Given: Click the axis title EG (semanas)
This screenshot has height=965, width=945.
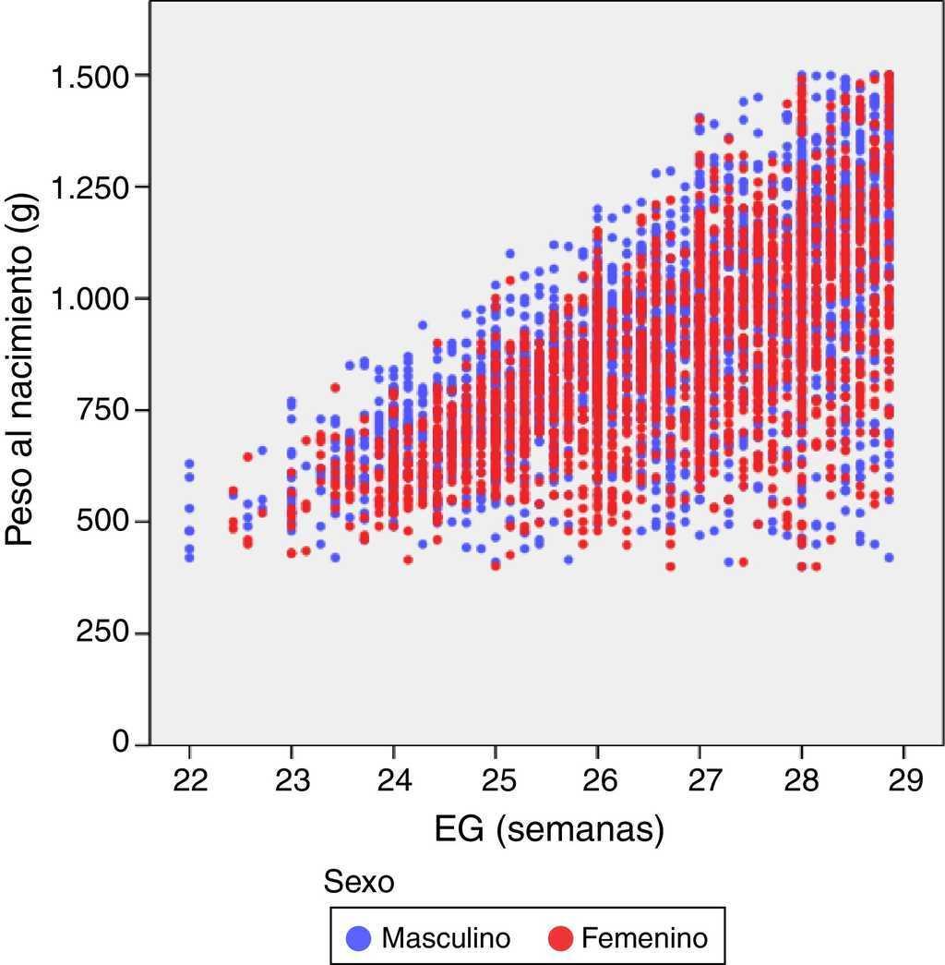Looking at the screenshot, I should point(548,830).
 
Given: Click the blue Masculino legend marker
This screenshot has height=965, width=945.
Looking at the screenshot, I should point(359,939).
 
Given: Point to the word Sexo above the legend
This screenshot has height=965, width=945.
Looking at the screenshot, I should point(359,883).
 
